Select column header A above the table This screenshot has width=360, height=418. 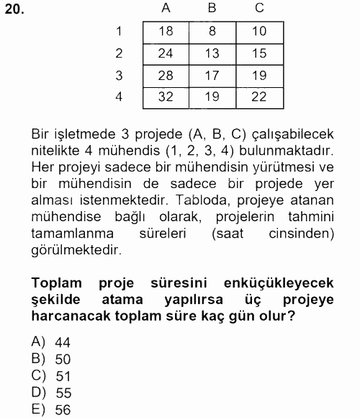(x=166, y=9)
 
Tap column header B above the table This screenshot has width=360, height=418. (x=212, y=9)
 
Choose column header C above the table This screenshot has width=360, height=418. (x=259, y=9)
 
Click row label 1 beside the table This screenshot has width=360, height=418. (x=119, y=31)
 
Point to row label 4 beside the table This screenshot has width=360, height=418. (x=119, y=97)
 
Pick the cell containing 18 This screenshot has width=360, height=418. (x=166, y=32)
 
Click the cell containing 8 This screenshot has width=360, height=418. (x=212, y=32)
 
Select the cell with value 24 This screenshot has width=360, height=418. (x=166, y=53)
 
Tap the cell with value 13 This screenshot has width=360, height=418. (x=212, y=53)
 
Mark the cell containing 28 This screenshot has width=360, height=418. (x=166, y=76)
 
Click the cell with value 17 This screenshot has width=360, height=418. (x=212, y=76)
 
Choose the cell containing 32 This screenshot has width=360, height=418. (x=166, y=97)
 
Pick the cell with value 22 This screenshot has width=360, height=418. (x=259, y=97)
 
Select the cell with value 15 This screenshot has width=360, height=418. (x=259, y=53)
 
